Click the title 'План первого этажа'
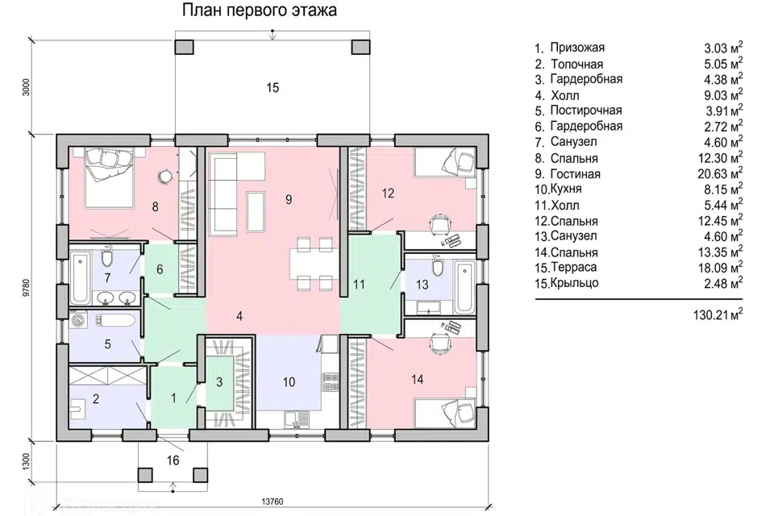[x=258, y=10]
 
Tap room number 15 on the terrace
[x=273, y=87]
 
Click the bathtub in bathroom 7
[x=80, y=275]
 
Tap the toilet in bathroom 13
[x=437, y=268]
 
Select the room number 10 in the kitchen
[x=289, y=382]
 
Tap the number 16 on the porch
[x=173, y=460]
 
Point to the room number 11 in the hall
[x=360, y=284]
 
